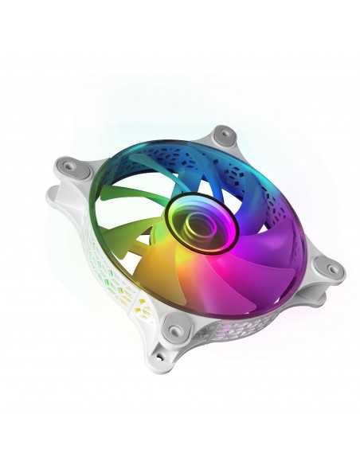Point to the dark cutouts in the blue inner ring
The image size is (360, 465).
[x=231, y=164]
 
